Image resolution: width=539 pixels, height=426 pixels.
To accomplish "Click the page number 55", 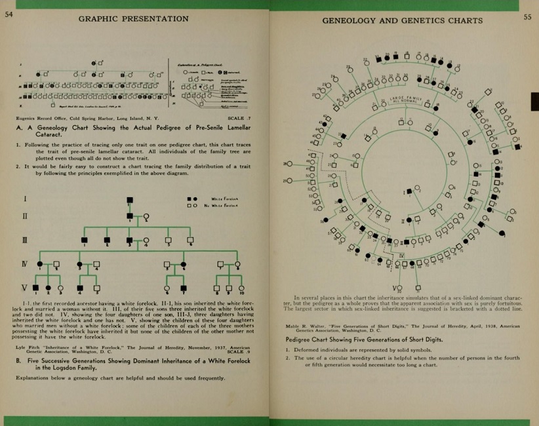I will pyautogui.click(x=527, y=18).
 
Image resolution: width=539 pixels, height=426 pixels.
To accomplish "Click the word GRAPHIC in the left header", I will pyautogui.click(x=99, y=18).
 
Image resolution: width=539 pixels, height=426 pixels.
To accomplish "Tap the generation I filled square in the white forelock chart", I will pyautogui.click(x=130, y=199).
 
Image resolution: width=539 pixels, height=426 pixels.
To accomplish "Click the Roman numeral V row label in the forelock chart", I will pyautogui.click(x=25, y=287).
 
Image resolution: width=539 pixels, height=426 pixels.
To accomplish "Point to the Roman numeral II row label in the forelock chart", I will pyautogui.click(x=25, y=216).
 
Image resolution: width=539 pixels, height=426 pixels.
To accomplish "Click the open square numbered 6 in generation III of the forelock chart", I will pyautogui.click(x=190, y=241).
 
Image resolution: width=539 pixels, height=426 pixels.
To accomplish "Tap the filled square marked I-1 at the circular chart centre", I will pyautogui.click(x=410, y=191).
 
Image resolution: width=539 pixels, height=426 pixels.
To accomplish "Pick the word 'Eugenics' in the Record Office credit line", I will pyautogui.click(x=25, y=118).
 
